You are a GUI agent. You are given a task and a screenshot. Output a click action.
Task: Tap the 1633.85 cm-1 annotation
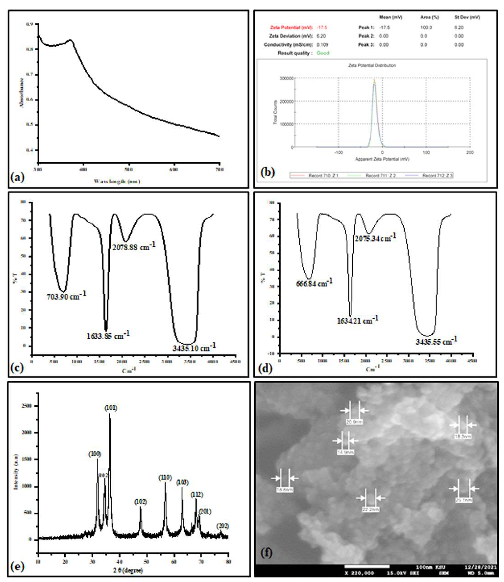click(108, 335)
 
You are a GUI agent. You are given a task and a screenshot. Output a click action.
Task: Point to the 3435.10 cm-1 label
click(194, 347)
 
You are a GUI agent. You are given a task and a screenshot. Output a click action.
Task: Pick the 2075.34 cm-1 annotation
click(375, 238)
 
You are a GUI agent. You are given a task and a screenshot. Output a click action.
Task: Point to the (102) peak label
click(141, 502)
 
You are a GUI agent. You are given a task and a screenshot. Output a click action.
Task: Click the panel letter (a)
click(18, 177)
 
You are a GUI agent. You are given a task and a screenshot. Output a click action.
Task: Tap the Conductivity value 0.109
click(322, 44)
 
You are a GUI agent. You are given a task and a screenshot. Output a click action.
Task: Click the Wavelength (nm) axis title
click(117, 182)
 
